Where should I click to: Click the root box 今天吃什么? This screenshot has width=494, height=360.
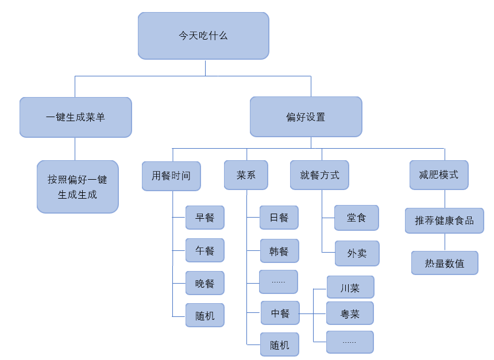(x=203, y=36)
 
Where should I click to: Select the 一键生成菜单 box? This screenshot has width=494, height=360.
(x=75, y=117)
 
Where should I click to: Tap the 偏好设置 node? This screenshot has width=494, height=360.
(x=306, y=117)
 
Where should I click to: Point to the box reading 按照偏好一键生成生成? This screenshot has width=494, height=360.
(x=78, y=187)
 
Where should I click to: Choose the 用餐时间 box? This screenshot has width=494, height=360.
(x=171, y=176)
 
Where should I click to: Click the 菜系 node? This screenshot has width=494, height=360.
(x=246, y=175)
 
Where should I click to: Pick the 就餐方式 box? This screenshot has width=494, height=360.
(x=319, y=175)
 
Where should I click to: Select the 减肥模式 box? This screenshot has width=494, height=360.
(x=439, y=175)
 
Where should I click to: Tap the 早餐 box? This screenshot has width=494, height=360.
(x=204, y=218)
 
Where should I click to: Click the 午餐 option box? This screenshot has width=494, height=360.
(x=204, y=250)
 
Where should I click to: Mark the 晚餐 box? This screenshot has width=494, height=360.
(x=204, y=283)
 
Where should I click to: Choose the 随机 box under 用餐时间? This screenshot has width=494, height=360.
(x=204, y=315)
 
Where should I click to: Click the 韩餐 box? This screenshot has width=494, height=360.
(x=279, y=251)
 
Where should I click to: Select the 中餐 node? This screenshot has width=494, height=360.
(x=280, y=313)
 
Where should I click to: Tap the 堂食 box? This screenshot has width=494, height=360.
(x=356, y=218)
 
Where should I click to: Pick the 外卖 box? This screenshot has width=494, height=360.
(x=357, y=253)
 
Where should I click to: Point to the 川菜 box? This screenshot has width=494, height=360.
(x=350, y=288)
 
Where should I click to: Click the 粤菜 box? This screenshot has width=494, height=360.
(x=350, y=313)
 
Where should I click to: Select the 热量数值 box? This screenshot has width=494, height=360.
(x=445, y=263)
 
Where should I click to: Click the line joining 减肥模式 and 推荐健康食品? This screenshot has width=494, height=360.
(x=445, y=199)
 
